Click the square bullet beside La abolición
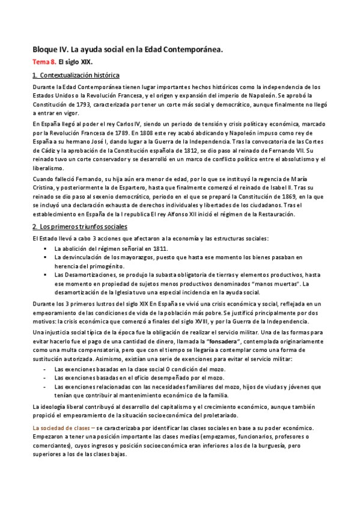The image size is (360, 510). point(45,248)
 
